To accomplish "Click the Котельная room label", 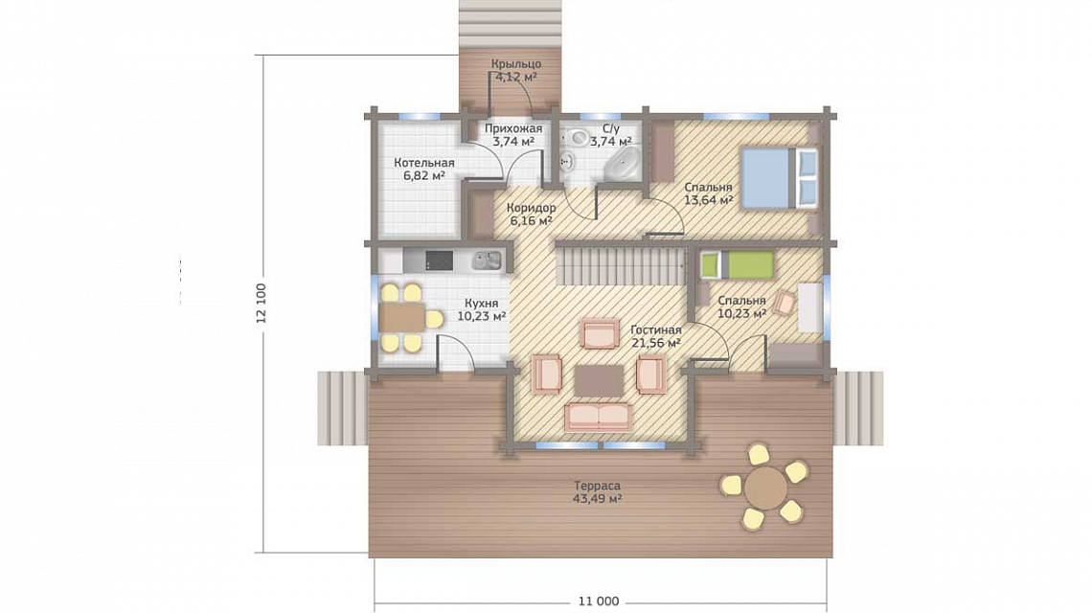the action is pos(424,163).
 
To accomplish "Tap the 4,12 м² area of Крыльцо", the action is pos(515,77).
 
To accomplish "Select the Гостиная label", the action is pos(656,330).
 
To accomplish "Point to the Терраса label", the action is pos(597,487).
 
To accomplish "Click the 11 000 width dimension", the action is pos(599,602).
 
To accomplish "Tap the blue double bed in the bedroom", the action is pos(779,177).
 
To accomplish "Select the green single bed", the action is pos(738,264).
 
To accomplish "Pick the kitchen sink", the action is pos(486,261).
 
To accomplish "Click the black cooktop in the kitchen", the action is pos(439,261).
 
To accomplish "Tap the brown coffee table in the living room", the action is pos(600,380).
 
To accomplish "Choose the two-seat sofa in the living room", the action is pos(599,416).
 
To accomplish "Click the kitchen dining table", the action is pos(402,318).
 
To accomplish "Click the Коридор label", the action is pos(531,208).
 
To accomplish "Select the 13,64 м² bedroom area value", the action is pos(709,200).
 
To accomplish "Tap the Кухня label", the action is pos(481,304).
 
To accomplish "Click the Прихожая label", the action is pos(513,129).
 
